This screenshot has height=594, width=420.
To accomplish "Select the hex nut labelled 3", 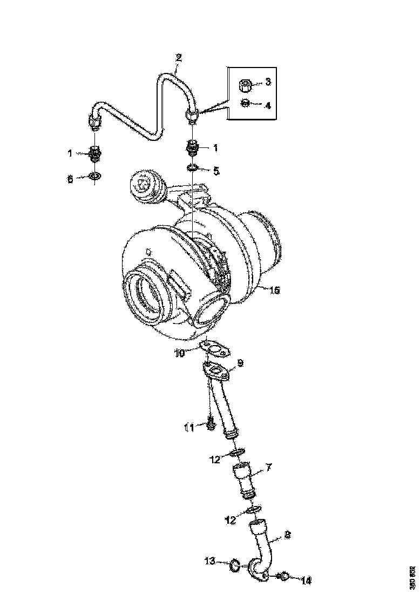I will click(x=244, y=84).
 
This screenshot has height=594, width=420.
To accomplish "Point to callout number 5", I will click(x=216, y=171).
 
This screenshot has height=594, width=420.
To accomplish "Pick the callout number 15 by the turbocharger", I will click(x=274, y=291).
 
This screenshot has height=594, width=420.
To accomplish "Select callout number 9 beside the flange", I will click(x=241, y=363).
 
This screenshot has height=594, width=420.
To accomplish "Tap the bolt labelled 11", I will click(x=211, y=426).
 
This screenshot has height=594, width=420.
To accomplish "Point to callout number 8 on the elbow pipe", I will click(x=287, y=536).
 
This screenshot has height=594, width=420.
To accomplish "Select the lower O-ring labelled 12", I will click(x=254, y=509).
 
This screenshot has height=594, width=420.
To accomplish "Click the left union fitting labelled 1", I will click(x=96, y=153).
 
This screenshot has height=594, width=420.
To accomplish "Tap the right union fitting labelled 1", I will click(x=193, y=147).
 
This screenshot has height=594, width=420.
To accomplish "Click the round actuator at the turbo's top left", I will click(x=145, y=186).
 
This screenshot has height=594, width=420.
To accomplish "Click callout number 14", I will click(x=306, y=581).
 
